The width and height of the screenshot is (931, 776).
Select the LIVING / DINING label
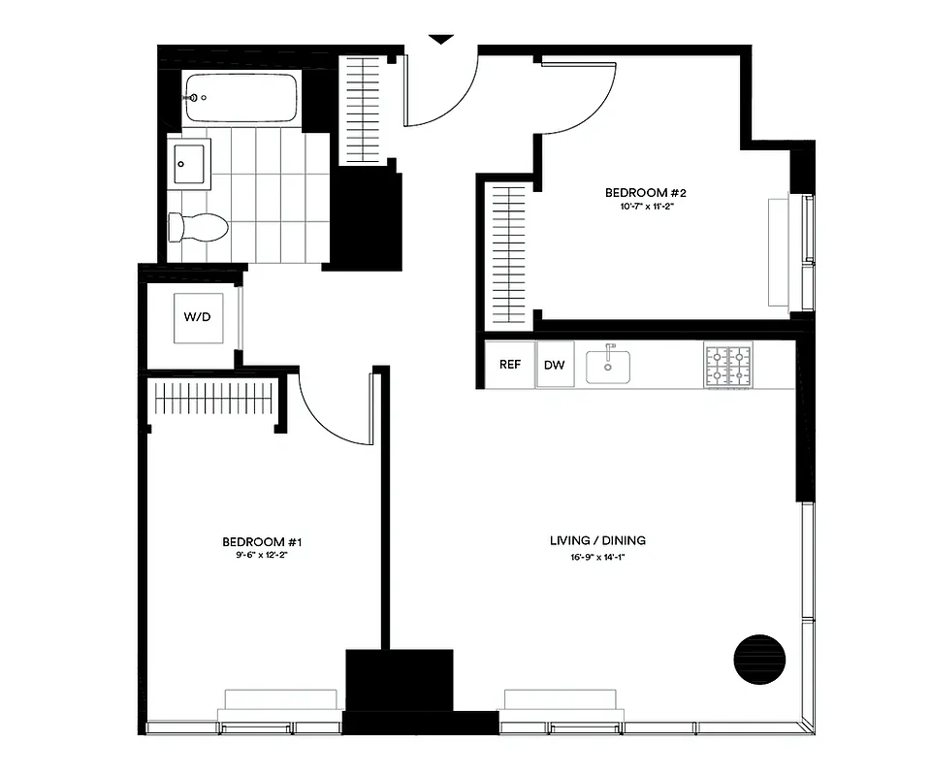pyautogui.click(x=597, y=540)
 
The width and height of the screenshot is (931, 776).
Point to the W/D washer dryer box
pyautogui.click(x=198, y=317)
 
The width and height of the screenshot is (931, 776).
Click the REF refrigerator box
pyautogui.click(x=510, y=365)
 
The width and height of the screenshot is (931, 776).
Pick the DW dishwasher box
pyautogui.click(x=555, y=365)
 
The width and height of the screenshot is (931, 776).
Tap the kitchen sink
pyautogui.click(x=608, y=366)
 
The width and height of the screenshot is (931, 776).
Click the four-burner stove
pyautogui.click(x=728, y=366)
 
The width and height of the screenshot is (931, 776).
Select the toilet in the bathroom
pyautogui.click(x=199, y=228)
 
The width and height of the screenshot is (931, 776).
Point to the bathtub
pyautogui.click(x=241, y=99)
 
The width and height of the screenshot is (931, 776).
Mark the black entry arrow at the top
pyautogui.click(x=441, y=40)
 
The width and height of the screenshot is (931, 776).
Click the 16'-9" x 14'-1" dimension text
pyautogui.click(x=597, y=555)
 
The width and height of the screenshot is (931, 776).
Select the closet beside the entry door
pyautogui.click(x=365, y=107)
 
